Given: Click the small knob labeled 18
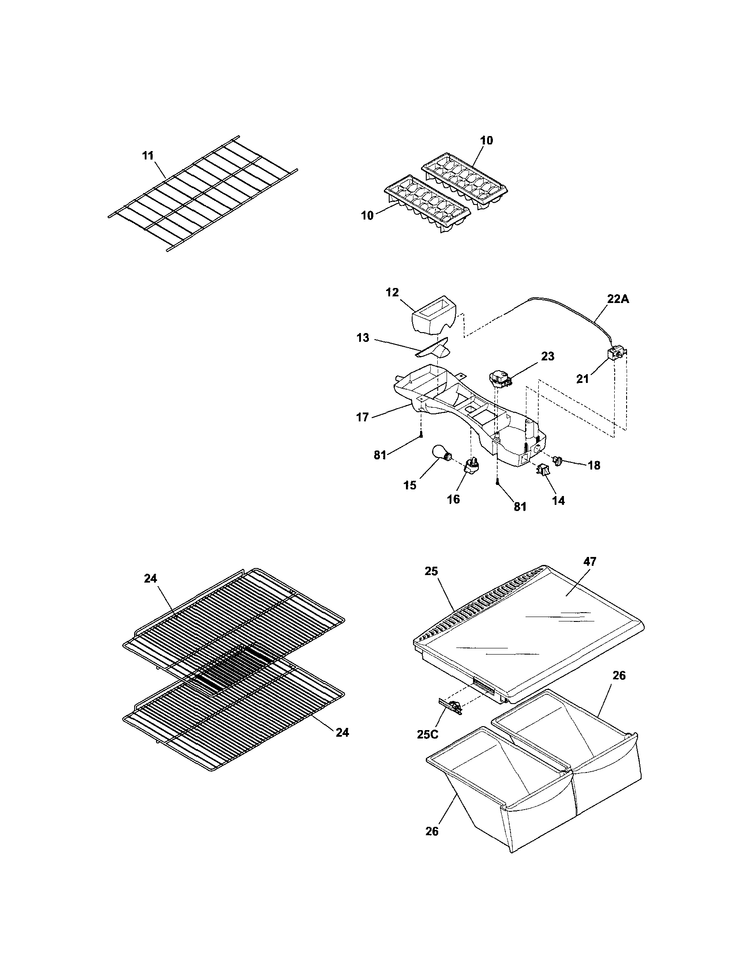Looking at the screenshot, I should tap(558, 460).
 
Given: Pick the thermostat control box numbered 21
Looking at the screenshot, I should tap(615, 356).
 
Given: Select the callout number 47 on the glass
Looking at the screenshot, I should tap(590, 562).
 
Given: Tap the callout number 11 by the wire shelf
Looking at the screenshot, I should tap(148, 155).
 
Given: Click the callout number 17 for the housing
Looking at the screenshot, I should tap(362, 417).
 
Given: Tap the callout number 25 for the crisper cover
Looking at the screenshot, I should tap(432, 572).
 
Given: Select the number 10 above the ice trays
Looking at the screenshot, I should tap(486, 140).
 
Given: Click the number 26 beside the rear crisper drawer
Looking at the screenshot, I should tap(619, 675).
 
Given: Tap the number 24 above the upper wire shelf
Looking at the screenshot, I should tap(150, 579).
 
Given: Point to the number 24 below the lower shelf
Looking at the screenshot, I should tap(342, 733).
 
